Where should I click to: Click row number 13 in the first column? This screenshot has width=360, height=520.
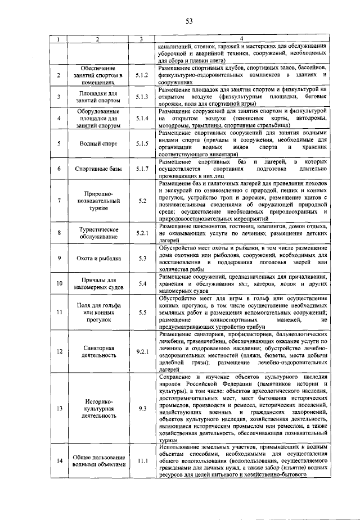tap(58, 409)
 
